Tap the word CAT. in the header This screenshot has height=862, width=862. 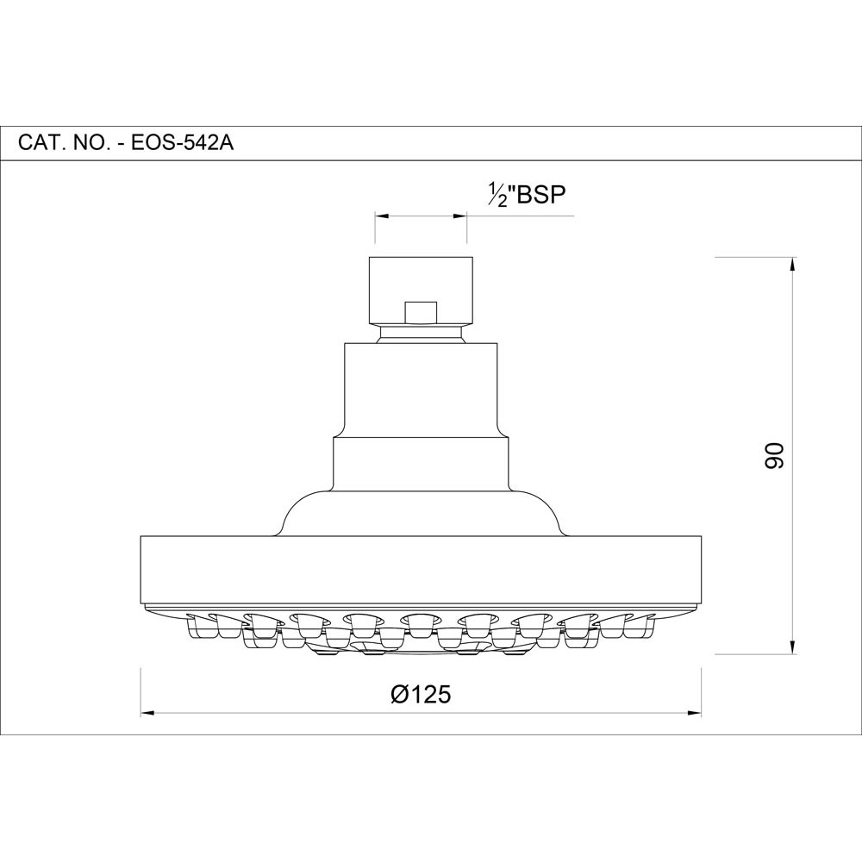[x=39, y=143]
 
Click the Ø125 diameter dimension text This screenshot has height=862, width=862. [x=420, y=694]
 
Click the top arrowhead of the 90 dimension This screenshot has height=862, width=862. [x=792, y=263]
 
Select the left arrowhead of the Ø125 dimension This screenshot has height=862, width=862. [x=148, y=713]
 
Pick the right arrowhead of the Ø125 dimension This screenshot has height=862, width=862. [x=695, y=713]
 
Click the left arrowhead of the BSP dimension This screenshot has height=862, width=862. [x=381, y=216]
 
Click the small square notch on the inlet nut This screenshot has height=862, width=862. [x=420, y=311]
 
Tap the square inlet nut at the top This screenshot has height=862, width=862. [x=420, y=284]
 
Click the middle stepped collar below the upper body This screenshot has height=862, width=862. [x=420, y=464]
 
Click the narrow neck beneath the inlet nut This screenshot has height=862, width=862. [x=420, y=333]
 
